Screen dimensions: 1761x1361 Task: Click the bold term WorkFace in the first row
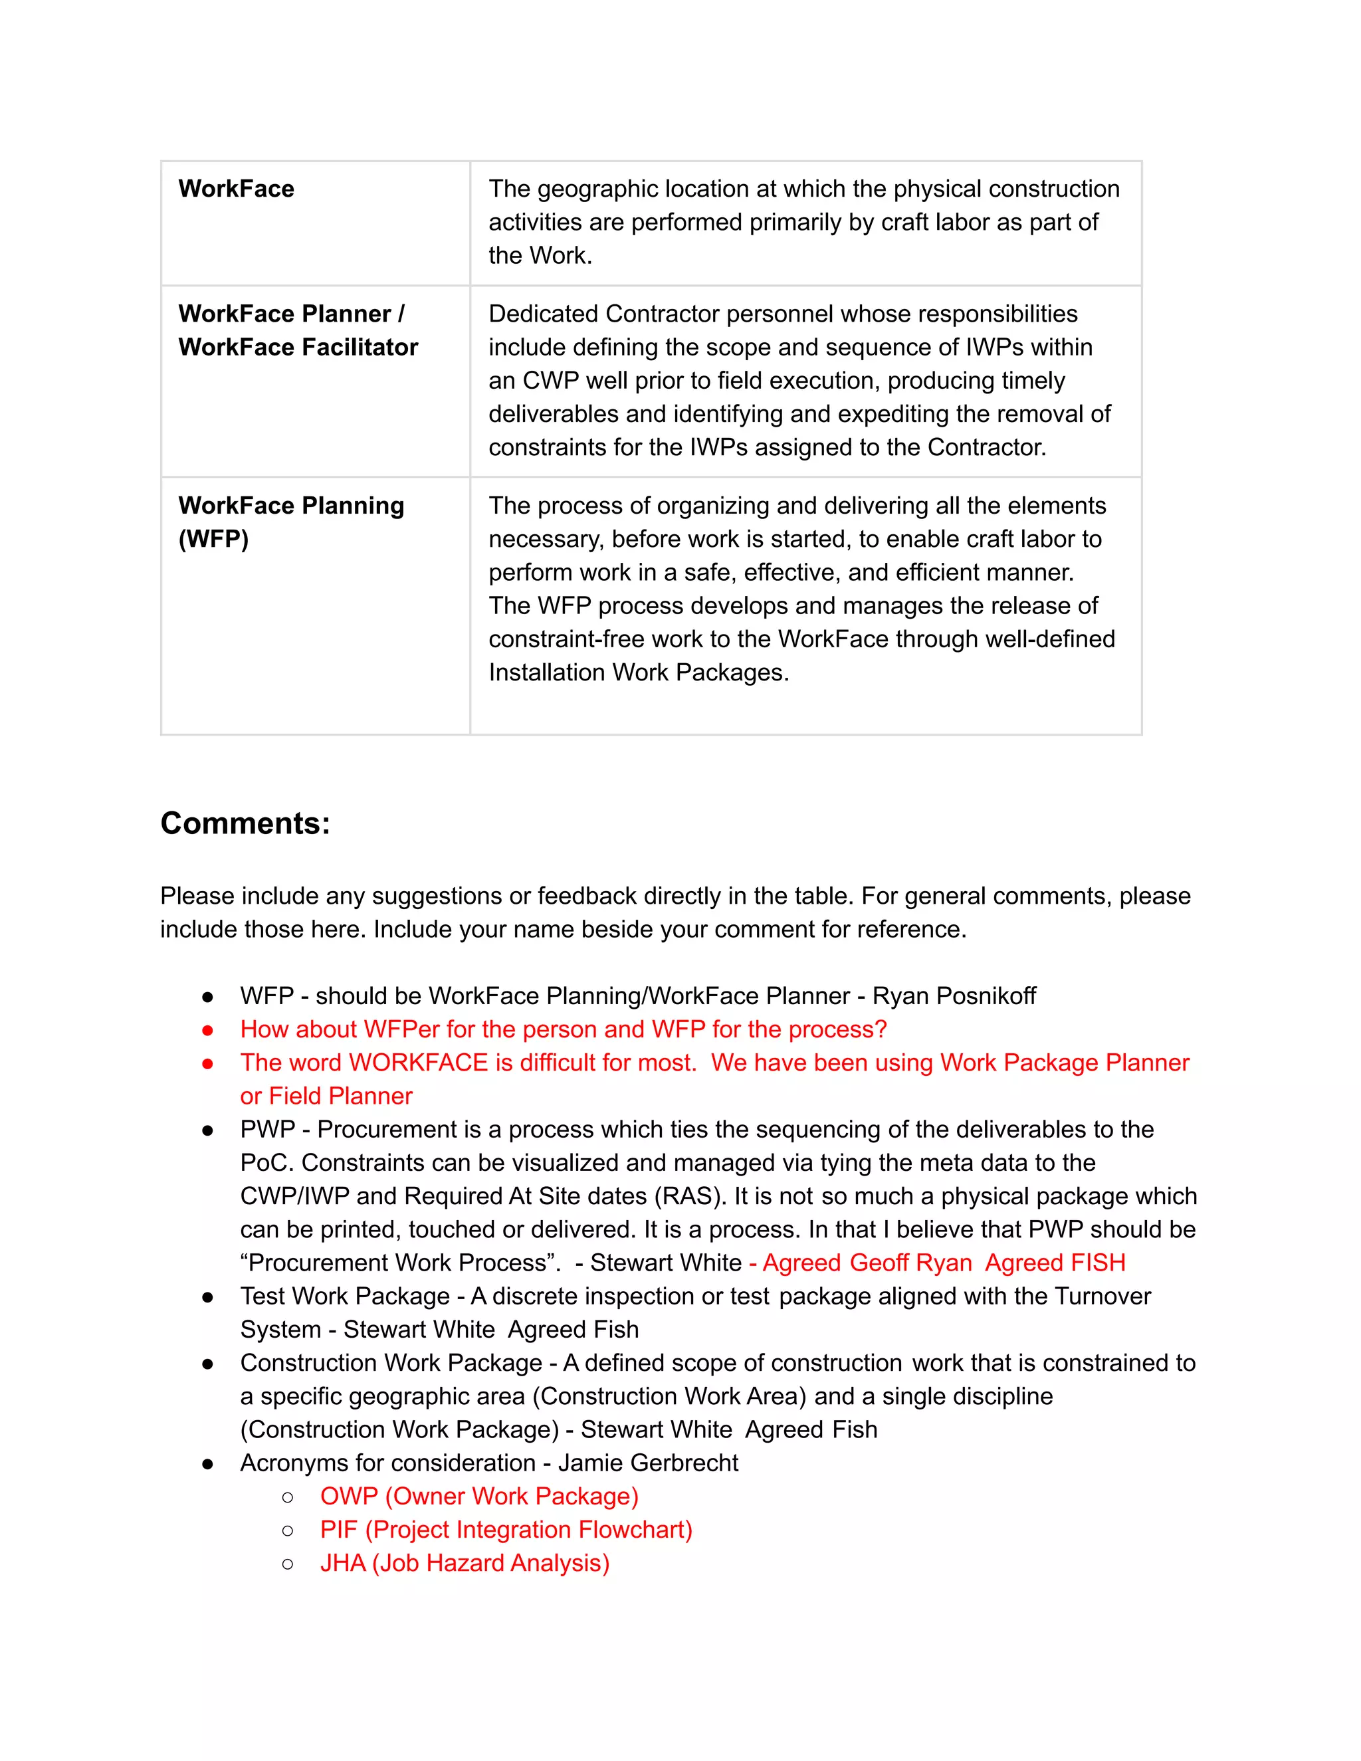pyautogui.click(x=236, y=189)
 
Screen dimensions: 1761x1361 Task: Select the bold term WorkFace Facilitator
pyautogui.click(x=298, y=347)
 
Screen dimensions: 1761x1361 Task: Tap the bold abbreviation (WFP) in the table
pyautogui.click(x=214, y=539)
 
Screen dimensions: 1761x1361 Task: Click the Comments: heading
pyautogui.click(x=245, y=823)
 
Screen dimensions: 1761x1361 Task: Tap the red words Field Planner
pyautogui.click(x=340, y=1096)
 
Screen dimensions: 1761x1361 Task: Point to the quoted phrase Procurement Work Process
pyautogui.click(x=400, y=1263)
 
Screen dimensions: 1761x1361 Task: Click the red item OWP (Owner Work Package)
pyautogui.click(x=479, y=1497)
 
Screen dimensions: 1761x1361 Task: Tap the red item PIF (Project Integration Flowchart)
pyautogui.click(x=506, y=1530)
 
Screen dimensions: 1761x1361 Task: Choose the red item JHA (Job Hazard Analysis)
pyautogui.click(x=465, y=1564)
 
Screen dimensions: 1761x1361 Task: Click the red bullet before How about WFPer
pyautogui.click(x=208, y=1031)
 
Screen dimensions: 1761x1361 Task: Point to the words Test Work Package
pyautogui.click(x=345, y=1296)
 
